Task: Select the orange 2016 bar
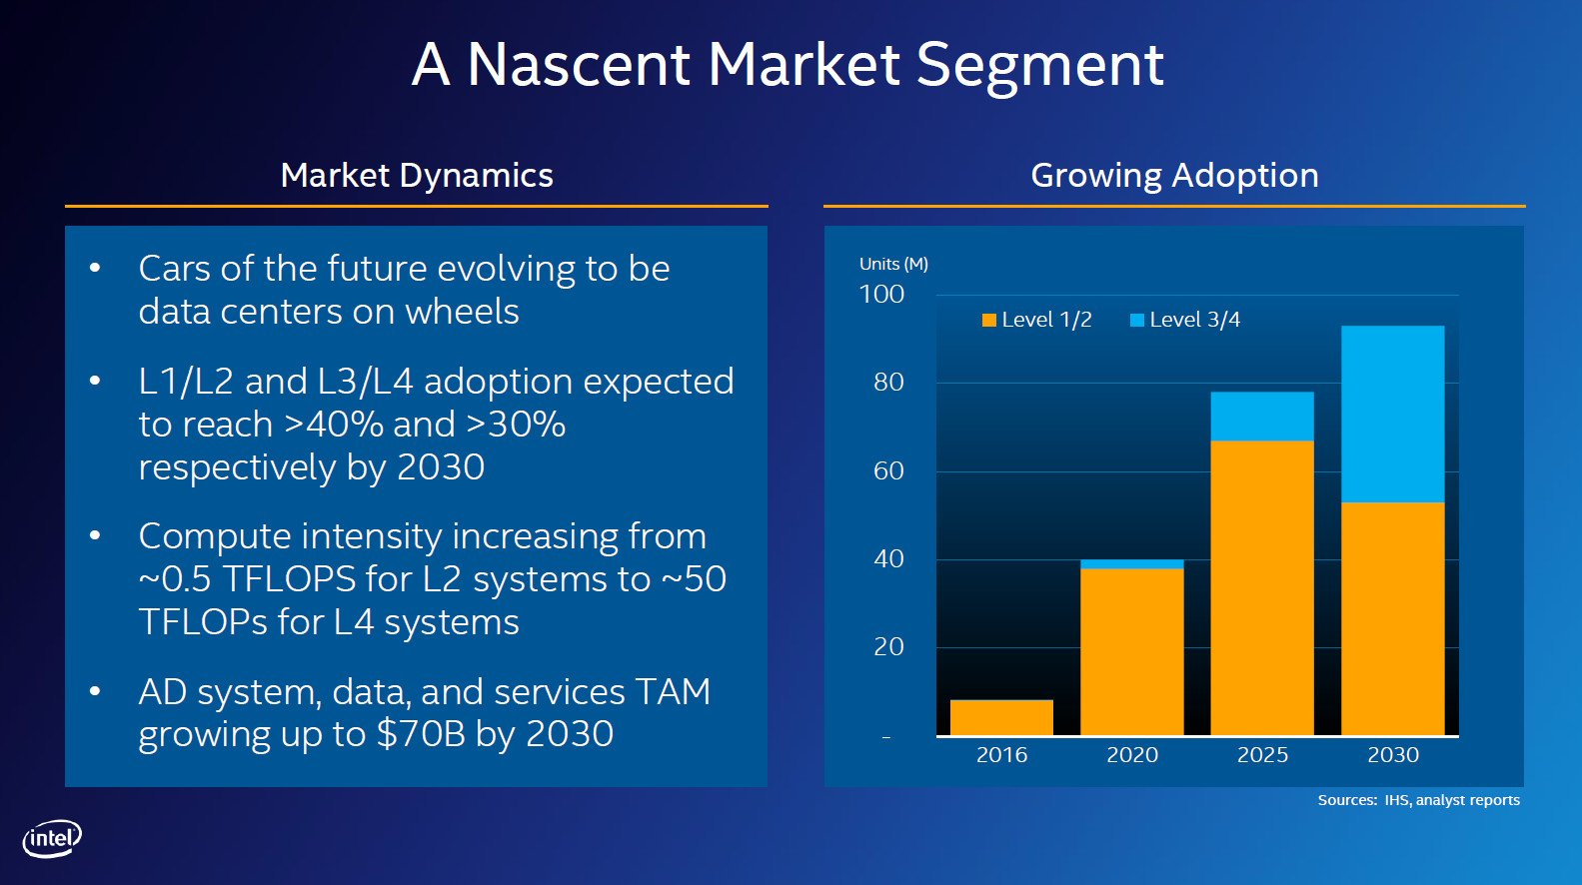[x=1001, y=717]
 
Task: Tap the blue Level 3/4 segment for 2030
[x=1392, y=414]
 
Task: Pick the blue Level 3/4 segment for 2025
[x=1262, y=416]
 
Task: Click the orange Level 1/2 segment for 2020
[x=1131, y=651]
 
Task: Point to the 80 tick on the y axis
[x=888, y=383]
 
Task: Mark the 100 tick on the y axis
[x=881, y=295]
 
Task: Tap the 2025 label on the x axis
[x=1262, y=755]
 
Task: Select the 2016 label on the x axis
[x=1001, y=755]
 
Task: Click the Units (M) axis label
[x=893, y=264]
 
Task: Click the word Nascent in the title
[x=579, y=65]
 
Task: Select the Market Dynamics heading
[x=417, y=176]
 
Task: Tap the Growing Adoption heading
[x=1174, y=176]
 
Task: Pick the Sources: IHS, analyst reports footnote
[x=1418, y=800]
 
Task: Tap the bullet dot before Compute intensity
[x=95, y=536]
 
